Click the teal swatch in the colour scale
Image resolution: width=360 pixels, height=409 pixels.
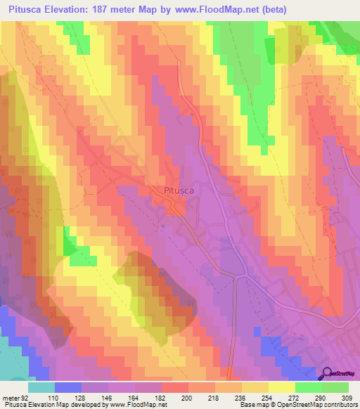(x=41, y=387)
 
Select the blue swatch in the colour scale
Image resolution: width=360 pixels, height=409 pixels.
(x=68, y=387)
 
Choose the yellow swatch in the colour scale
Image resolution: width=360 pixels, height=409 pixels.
(x=281, y=387)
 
